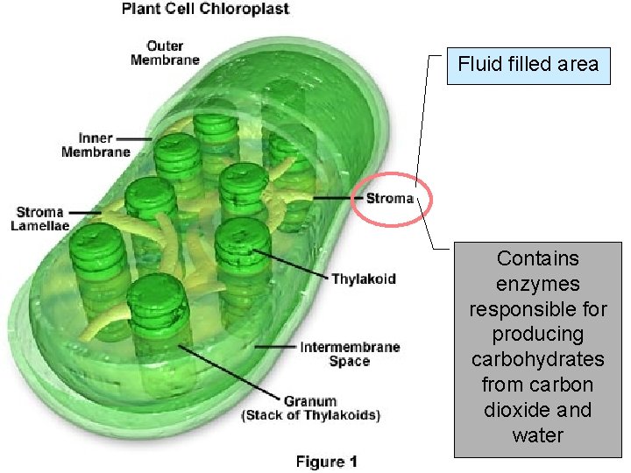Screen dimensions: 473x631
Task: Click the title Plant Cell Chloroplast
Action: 205,10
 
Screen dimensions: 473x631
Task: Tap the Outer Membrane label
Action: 165,53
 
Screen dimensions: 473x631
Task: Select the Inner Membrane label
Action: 96,145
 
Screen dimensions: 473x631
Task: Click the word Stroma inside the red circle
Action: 390,198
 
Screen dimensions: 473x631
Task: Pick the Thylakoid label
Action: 363,279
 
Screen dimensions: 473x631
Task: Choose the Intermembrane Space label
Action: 350,353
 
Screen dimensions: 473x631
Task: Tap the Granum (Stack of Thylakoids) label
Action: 310,409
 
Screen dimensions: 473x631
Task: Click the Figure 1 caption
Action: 326,461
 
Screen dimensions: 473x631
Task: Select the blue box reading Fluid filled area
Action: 528,64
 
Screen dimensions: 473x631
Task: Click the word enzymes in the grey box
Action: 538,284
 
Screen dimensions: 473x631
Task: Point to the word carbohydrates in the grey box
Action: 538,359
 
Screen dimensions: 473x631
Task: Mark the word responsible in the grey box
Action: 538,309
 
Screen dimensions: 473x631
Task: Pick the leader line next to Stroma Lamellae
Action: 85,211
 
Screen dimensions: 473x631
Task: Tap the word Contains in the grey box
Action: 538,258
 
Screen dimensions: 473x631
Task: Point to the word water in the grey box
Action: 538,435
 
